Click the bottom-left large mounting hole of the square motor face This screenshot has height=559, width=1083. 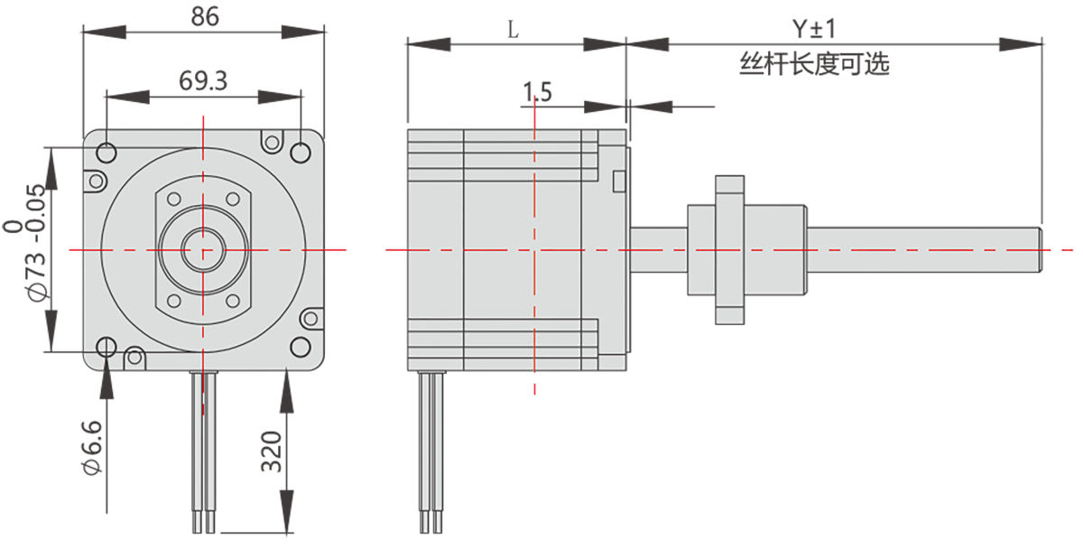[x=106, y=346]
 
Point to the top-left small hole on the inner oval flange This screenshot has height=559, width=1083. [x=174, y=199]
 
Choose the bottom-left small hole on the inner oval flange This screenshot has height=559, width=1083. [x=174, y=301]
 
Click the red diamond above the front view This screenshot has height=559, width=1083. [x=203, y=116]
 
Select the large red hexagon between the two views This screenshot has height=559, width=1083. [x=365, y=249]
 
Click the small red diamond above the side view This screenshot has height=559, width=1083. [x=534, y=118]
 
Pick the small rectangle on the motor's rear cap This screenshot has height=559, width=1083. [x=618, y=181]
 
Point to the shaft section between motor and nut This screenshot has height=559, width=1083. [x=658, y=249]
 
